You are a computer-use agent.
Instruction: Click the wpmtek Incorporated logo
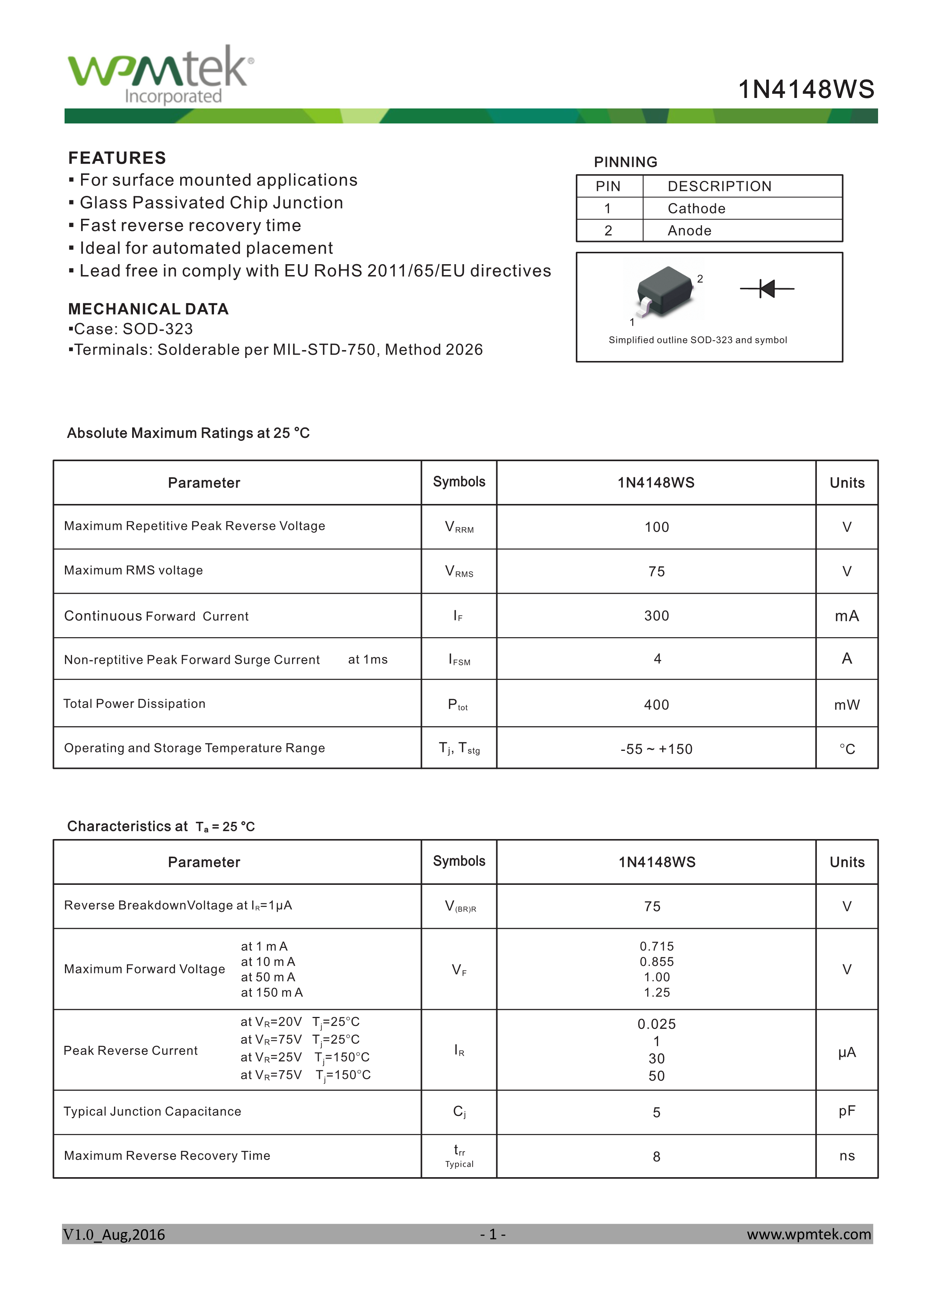coord(161,75)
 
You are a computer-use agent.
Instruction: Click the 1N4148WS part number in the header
coord(806,89)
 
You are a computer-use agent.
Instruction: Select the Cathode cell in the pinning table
coord(696,209)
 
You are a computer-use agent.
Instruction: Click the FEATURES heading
coord(117,158)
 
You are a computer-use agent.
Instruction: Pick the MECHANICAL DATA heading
coord(148,309)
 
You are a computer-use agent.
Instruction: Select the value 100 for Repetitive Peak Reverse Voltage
coord(657,527)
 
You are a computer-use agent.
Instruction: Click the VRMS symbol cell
coord(459,572)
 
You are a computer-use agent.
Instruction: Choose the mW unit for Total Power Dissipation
coord(847,705)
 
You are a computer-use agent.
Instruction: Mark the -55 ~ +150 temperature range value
coord(657,749)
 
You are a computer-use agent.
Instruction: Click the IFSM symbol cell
coord(459,660)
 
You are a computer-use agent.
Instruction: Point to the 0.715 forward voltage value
coord(657,946)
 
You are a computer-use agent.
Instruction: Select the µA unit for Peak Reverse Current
coord(847,1052)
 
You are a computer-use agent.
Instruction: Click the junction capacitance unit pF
coord(847,1111)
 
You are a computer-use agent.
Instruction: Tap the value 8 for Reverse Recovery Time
coord(657,1157)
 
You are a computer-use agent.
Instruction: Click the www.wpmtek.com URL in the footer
coord(808,1234)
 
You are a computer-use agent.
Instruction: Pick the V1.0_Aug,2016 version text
coord(114,1235)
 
